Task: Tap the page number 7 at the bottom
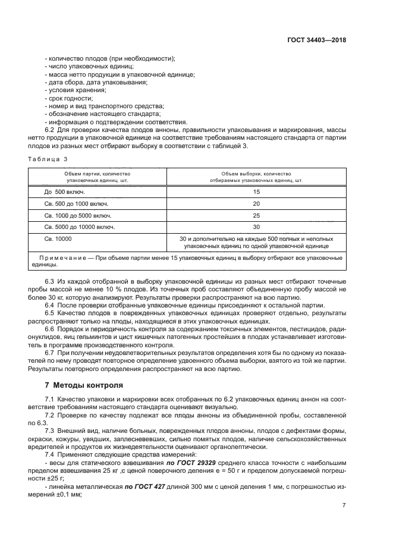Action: point(344,505)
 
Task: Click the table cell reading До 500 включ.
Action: point(65,192)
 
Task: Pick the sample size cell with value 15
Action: point(256,192)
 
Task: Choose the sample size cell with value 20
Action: point(256,203)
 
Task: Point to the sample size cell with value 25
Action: point(256,215)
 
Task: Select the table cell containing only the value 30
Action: point(256,227)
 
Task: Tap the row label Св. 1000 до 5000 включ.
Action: point(78,215)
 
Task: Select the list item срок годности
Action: point(70,98)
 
